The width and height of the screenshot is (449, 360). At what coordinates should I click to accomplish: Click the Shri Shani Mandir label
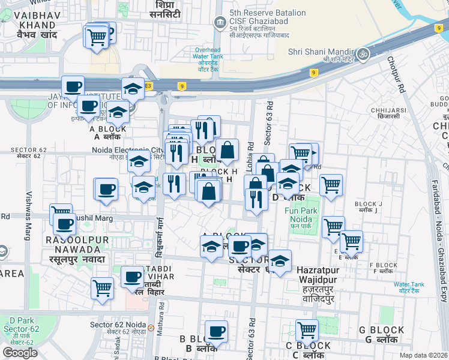321,53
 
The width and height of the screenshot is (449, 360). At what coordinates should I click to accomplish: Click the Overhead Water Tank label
208,59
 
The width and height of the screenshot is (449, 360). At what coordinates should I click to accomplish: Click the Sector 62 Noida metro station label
118,328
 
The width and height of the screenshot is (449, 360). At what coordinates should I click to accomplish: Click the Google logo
20,352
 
